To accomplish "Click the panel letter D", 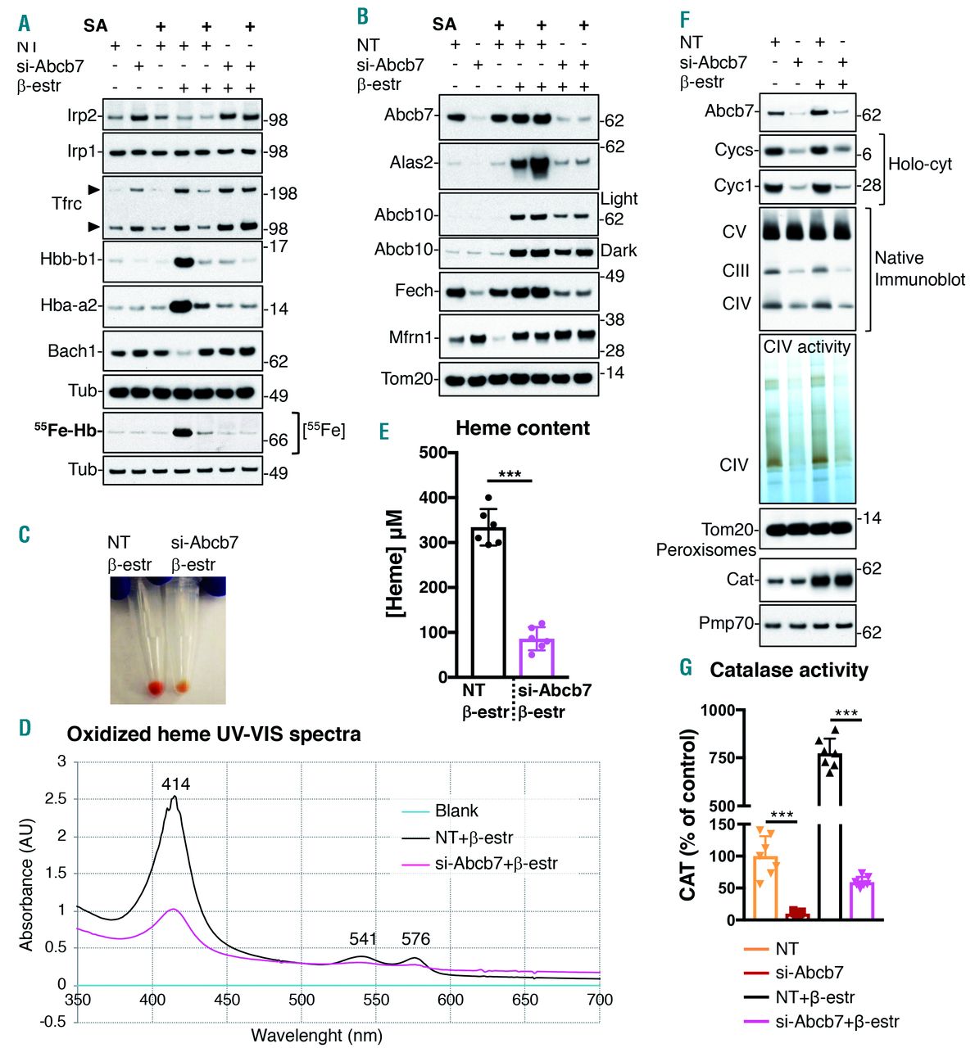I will click(25, 727).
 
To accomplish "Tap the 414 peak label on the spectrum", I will click(175, 784).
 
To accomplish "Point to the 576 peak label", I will click(415, 939).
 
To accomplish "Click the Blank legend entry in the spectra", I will click(456, 811).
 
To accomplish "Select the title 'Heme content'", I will click(523, 428).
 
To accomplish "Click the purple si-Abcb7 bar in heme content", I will click(537, 657).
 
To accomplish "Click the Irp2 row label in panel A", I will click(82, 115).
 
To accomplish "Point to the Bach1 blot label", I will click(72, 351).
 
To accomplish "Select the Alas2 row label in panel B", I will click(412, 162).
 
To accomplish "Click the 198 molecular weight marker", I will click(283, 193).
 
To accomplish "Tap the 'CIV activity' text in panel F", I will click(807, 346).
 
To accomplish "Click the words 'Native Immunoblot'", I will click(919, 269).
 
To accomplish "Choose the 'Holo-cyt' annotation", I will click(920, 164).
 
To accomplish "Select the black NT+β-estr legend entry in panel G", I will click(814, 997).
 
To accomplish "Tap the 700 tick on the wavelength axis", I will click(600, 1000).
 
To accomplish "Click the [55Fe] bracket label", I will click(324, 429).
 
